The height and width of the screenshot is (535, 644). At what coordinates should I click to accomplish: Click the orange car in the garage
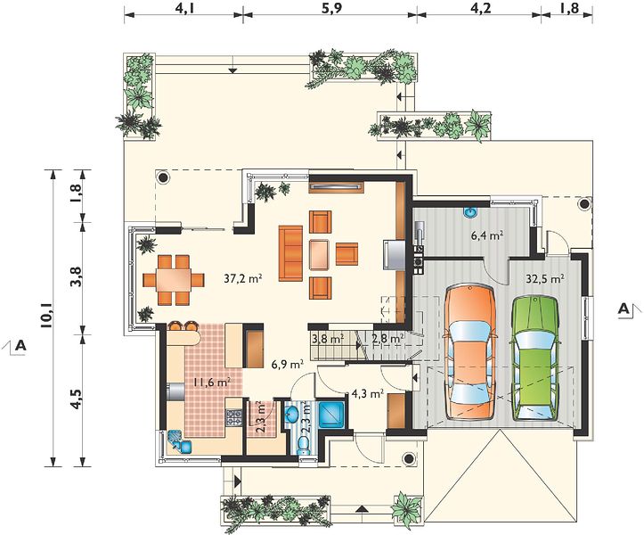point(469,351)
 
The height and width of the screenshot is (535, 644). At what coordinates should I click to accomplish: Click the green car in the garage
point(534,358)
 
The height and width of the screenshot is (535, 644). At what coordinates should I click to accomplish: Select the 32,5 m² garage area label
point(544,278)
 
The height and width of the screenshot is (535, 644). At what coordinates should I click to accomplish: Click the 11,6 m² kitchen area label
point(212,382)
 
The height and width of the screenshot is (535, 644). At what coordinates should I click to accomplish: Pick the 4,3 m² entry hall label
point(368,393)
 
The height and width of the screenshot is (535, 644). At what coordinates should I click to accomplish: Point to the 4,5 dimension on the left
point(76,399)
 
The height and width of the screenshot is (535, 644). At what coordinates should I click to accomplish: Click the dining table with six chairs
point(174,280)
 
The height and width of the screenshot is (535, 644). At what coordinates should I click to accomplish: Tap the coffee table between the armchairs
point(320,254)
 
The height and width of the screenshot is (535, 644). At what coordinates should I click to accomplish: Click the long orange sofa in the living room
point(290,253)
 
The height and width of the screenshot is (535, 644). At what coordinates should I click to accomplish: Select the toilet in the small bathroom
point(303,446)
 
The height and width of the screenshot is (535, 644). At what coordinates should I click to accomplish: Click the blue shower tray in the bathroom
point(332,414)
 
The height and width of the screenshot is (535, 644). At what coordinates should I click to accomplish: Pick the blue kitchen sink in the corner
point(180,441)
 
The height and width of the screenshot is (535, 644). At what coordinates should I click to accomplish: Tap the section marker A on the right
point(624,309)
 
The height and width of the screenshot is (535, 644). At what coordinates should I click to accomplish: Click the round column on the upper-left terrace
point(164,177)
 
